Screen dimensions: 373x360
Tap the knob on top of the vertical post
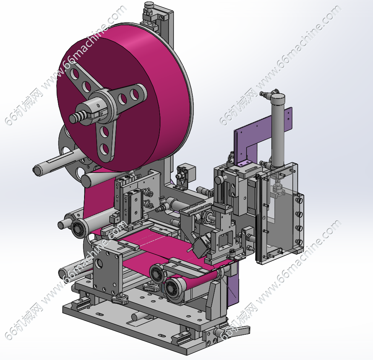tap(149, 5)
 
